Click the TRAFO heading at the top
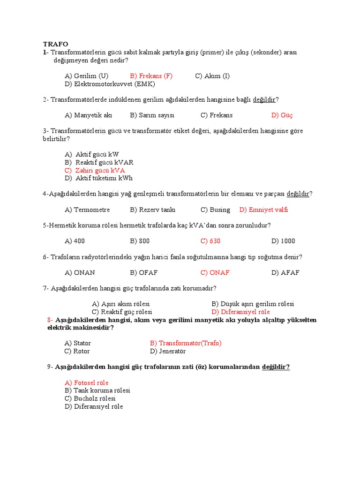click(x=55, y=44)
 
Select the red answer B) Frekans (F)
click(x=151, y=76)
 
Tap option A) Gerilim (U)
click(x=87, y=76)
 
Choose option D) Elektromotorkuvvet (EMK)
click(x=110, y=84)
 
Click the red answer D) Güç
click(x=282, y=115)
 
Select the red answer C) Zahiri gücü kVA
click(x=95, y=170)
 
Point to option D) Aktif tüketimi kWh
click(x=99, y=178)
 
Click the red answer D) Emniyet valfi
click(x=263, y=210)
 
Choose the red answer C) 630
click(x=210, y=241)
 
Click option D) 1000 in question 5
click(x=283, y=241)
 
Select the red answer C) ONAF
click(x=215, y=272)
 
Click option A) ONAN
click(x=80, y=272)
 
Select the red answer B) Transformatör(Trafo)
click(x=186, y=343)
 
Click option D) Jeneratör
click(x=168, y=351)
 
